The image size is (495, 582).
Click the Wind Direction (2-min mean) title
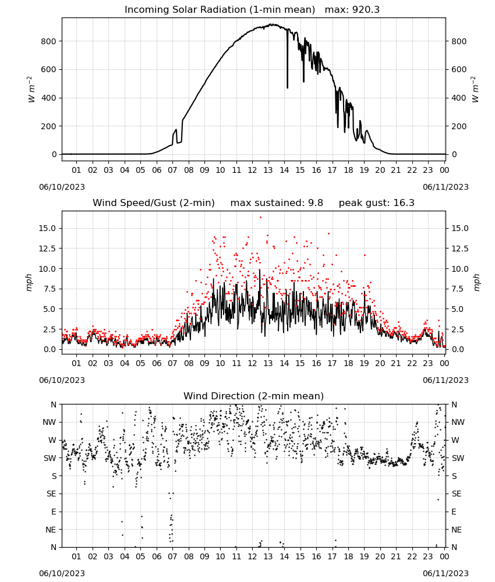[254, 396]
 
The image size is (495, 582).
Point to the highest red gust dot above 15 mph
[260, 218]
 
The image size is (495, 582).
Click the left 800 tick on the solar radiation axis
[49, 41]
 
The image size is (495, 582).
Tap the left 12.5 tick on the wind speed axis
[47, 249]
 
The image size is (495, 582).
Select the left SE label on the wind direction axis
[51, 494]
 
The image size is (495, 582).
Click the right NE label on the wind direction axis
[457, 530]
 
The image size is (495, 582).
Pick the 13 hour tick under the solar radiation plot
[268, 170]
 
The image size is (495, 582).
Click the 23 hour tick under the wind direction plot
[428, 556]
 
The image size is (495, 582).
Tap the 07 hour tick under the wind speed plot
[172, 363]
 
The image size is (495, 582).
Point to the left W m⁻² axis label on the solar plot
[31, 90]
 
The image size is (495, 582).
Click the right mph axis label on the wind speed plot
[476, 282]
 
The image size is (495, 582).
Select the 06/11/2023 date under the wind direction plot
[446, 573]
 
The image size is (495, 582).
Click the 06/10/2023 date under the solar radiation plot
[62, 187]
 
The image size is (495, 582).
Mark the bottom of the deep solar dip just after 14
[288, 88]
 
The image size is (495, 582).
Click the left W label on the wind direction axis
[53, 440]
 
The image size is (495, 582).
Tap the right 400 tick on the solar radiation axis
[459, 98]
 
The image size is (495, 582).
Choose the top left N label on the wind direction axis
[54, 404]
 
